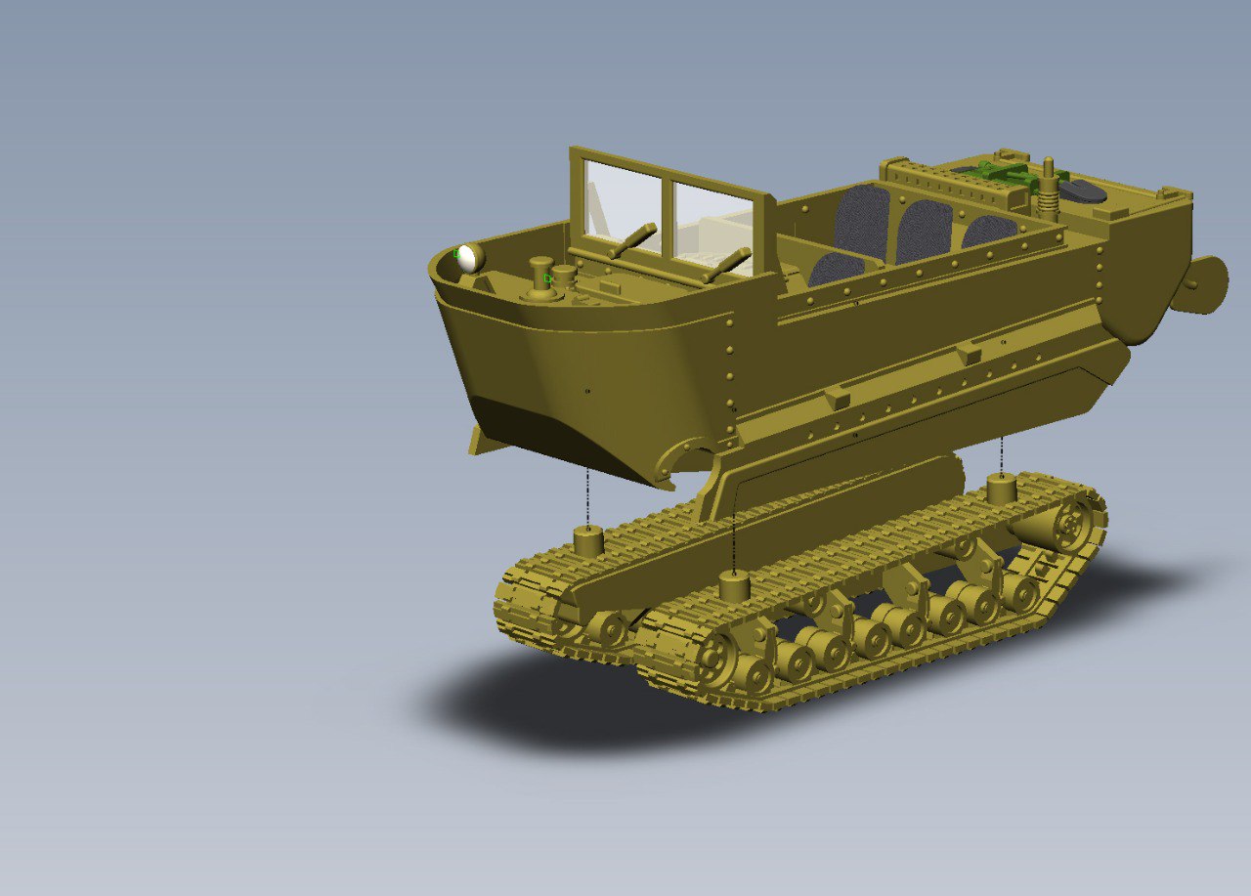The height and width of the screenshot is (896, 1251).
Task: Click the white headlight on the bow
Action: (x=469, y=257)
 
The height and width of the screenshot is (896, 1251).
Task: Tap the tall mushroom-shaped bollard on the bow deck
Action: (x=540, y=277)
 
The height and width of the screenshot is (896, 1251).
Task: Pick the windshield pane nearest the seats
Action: (x=712, y=228)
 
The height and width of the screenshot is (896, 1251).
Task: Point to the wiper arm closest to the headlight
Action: (x=635, y=238)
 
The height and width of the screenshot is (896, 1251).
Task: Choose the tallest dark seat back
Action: (x=863, y=219)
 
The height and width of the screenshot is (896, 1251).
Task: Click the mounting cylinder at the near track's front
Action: (x=734, y=585)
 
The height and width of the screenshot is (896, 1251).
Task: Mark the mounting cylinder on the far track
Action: (x=587, y=540)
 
